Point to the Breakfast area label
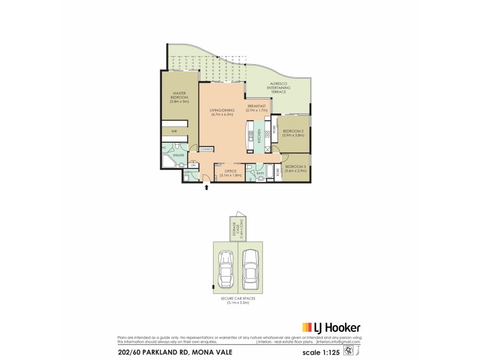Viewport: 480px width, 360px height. [x=257, y=109]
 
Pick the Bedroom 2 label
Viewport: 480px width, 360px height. [x=294, y=133]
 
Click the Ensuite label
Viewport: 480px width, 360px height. [x=179, y=155]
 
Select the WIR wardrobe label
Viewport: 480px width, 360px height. [x=174, y=131]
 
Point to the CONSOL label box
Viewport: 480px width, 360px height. [x=206, y=149]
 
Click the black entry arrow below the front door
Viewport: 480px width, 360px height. [x=207, y=187]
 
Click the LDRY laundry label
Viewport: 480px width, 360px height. [x=188, y=173]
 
